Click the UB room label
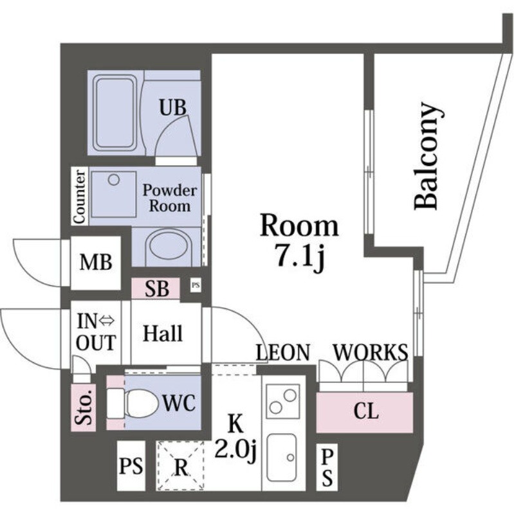click(x=173, y=108)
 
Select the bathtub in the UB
click(x=115, y=114)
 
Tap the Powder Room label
click(x=169, y=198)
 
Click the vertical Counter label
click(x=80, y=197)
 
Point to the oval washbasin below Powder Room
click(x=167, y=247)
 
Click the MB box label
click(x=96, y=262)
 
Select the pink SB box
click(x=156, y=289)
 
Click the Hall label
click(x=162, y=333)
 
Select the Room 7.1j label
click(x=299, y=240)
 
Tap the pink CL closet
click(x=365, y=412)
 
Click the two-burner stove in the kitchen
click(x=283, y=402)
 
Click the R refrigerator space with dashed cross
click(x=181, y=466)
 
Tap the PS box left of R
click(x=131, y=465)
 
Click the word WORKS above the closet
click(x=371, y=352)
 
